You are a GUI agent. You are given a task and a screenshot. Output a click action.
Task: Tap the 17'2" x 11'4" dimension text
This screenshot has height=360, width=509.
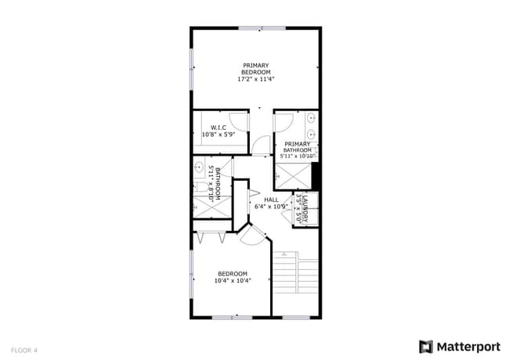coord(255,79)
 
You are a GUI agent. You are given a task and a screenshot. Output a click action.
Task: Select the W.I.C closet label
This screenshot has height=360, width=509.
coord(218,128)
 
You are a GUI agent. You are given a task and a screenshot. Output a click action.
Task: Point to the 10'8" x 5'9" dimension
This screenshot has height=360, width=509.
coord(218,135)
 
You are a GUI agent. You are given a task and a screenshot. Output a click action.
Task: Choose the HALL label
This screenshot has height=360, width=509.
coord(271,200)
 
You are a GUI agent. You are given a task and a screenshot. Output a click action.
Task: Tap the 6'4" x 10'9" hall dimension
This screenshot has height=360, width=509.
coord(271,207)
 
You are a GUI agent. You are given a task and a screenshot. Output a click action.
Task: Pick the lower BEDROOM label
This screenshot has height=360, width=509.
coord(233,273)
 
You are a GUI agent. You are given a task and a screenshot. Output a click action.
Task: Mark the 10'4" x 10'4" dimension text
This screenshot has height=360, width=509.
coord(233,280)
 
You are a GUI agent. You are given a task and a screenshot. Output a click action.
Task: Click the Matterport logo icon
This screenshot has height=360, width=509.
coord(426,346)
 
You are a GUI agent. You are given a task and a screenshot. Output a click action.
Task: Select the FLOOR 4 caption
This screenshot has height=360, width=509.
coord(24,350)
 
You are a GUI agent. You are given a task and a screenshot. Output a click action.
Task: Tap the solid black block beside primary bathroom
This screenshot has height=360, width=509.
coord(316,175)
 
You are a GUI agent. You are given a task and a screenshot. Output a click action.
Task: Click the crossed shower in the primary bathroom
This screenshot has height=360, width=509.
coord(291,176)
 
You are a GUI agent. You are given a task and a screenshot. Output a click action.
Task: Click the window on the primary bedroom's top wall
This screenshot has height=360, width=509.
coord(262,29)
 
